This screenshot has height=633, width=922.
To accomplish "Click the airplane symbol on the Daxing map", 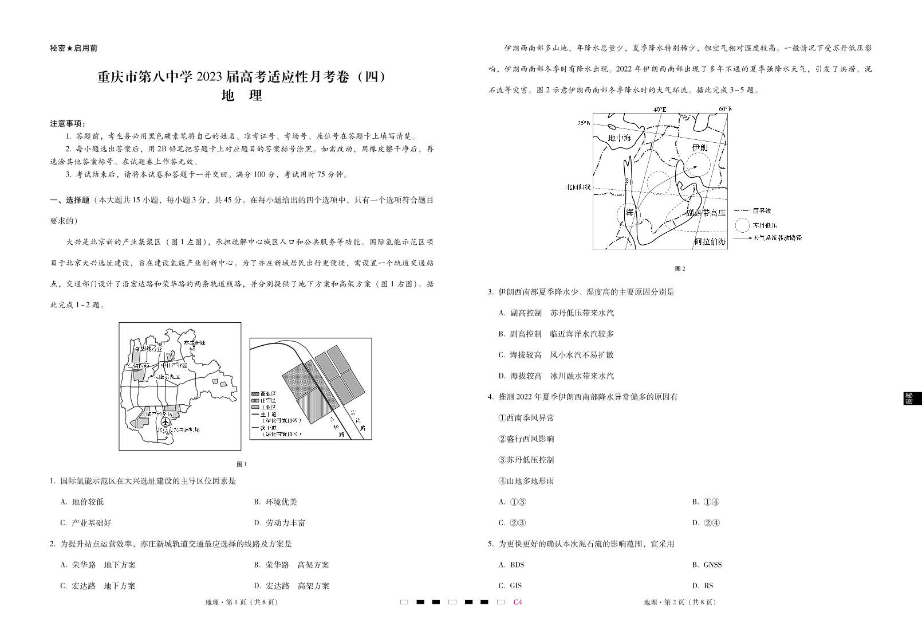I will [166, 422].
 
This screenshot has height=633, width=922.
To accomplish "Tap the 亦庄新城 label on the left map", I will [194, 343].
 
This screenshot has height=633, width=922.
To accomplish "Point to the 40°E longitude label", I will [660, 109].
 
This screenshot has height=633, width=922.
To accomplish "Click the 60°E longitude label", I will [725, 108].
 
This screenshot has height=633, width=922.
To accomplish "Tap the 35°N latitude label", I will [584, 123].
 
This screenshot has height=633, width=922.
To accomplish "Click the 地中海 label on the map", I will [619, 138].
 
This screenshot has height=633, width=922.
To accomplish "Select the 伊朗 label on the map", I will [700, 148].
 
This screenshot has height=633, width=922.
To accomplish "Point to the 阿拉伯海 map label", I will [710, 242].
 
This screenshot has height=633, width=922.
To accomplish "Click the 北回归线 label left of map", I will [578, 187].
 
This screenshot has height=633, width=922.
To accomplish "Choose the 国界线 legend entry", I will [762, 212].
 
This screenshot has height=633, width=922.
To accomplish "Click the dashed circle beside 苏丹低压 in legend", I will [742, 225].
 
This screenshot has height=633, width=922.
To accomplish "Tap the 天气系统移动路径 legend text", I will [777, 237].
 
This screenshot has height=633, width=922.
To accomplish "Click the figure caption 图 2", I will [680, 268].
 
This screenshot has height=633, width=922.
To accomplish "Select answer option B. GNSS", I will [707, 565].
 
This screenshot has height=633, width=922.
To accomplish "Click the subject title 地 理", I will [241, 96].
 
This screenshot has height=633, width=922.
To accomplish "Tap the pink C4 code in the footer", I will [518, 602].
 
